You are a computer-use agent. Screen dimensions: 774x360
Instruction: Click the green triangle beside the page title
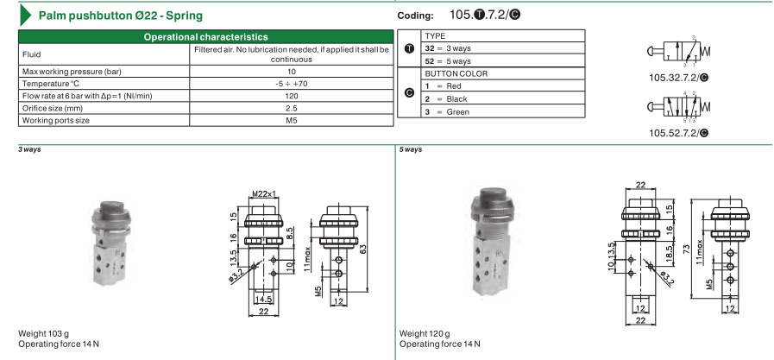click(25, 16)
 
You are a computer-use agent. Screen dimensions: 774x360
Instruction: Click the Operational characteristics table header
click(206, 37)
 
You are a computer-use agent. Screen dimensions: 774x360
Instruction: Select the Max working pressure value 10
click(292, 72)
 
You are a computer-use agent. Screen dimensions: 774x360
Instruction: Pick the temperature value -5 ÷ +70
click(292, 84)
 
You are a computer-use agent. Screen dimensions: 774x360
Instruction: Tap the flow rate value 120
click(292, 96)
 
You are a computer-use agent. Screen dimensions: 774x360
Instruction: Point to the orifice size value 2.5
click(292, 108)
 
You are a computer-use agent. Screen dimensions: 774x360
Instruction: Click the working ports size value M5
click(292, 120)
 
